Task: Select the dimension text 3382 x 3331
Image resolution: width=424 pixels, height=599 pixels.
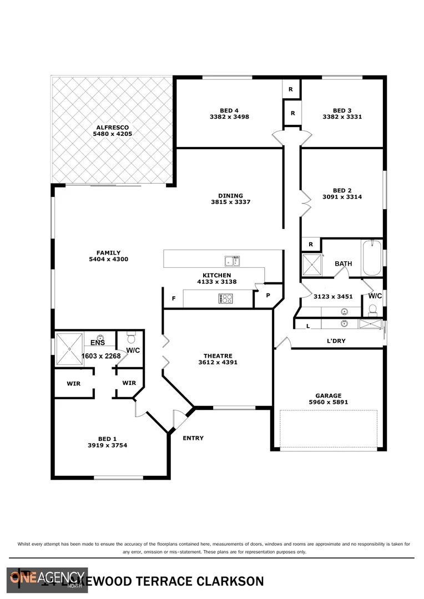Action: pyautogui.click(x=342, y=117)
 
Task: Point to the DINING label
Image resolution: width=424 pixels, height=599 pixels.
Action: pyautogui.click(x=230, y=195)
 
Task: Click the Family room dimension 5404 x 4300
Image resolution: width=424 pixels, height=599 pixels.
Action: pyautogui.click(x=109, y=259)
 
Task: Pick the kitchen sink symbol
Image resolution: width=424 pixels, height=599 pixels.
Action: pyautogui.click(x=233, y=261)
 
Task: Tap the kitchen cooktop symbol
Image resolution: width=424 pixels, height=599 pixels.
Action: pyautogui.click(x=226, y=298)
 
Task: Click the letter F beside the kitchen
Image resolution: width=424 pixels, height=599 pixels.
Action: pyautogui.click(x=174, y=298)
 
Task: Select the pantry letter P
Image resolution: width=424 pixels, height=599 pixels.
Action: pyautogui.click(x=267, y=295)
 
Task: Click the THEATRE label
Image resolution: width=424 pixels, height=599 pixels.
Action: pyautogui.click(x=218, y=356)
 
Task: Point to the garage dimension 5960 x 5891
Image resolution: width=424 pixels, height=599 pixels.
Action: pyautogui.click(x=329, y=402)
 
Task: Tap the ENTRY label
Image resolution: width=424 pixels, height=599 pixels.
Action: pyautogui.click(x=193, y=438)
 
